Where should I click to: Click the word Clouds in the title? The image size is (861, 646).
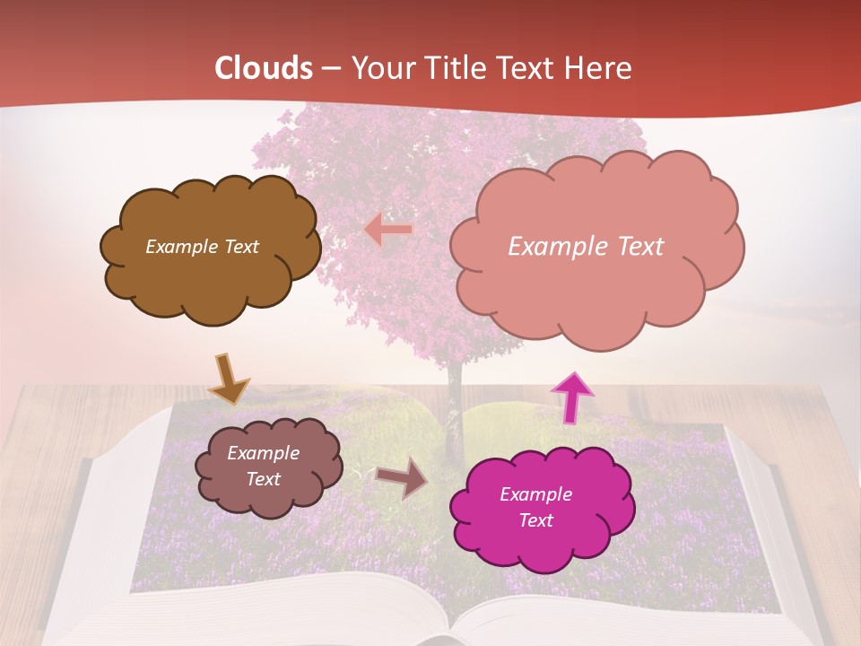(264, 68)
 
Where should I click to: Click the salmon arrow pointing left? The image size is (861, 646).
(388, 230)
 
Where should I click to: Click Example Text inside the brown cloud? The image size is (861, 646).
(202, 247)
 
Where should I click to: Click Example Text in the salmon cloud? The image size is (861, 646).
(586, 247)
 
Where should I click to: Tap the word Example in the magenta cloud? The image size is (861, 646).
(535, 494)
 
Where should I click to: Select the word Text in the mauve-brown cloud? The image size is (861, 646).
(263, 479)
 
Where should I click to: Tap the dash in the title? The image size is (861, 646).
(331, 69)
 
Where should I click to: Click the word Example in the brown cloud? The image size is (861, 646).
(179, 247)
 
